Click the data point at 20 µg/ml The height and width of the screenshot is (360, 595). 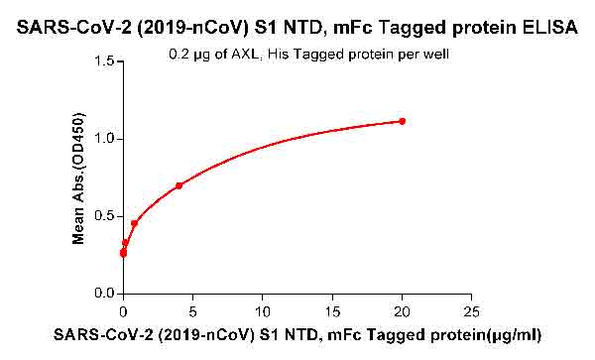pyautogui.click(x=402, y=121)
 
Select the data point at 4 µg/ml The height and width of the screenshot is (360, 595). pyautogui.click(x=178, y=185)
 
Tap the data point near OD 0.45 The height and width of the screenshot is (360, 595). pyautogui.click(x=134, y=223)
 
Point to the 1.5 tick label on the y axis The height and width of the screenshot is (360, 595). pyautogui.click(x=104, y=61)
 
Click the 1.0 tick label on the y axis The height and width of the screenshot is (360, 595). pyautogui.click(x=104, y=139)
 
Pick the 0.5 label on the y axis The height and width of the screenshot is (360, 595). pyautogui.click(x=104, y=216)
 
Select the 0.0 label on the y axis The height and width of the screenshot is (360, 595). pyautogui.click(x=104, y=294)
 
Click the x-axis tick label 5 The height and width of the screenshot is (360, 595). pyautogui.click(x=192, y=311)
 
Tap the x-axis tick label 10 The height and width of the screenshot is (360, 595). pyautogui.click(x=262, y=311)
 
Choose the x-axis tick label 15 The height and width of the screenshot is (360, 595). pyautogui.click(x=332, y=311)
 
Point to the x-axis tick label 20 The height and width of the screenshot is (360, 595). pyautogui.click(x=402, y=311)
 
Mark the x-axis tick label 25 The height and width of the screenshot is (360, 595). pyautogui.click(x=472, y=311)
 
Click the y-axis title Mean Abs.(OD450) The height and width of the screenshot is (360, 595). pyautogui.click(x=78, y=179)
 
